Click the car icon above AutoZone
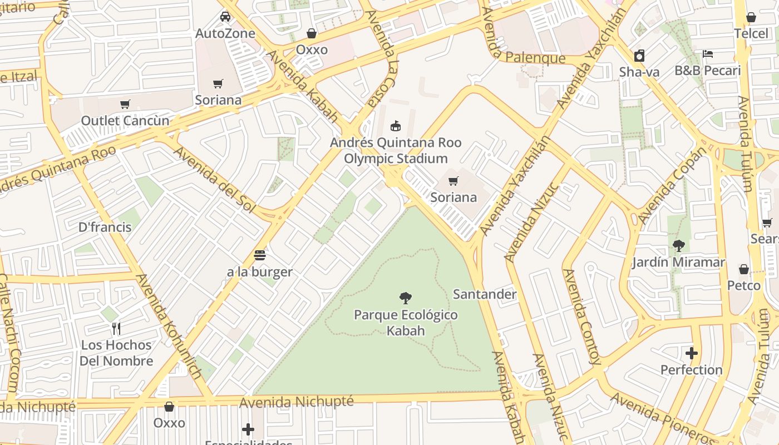click(225, 16)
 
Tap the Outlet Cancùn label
click(125, 121)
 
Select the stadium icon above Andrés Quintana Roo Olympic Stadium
click(396, 126)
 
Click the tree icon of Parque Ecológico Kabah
click(406, 298)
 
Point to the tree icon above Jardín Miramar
click(678, 245)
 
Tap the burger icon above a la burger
click(260, 255)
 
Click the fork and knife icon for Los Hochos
click(116, 328)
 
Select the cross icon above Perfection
click(692, 353)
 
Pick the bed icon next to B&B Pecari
click(708, 54)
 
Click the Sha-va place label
click(639, 72)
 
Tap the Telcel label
click(751, 33)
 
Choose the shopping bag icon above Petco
click(744, 270)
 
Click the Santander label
click(485, 294)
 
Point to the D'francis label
click(105, 227)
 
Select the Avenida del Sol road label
click(214, 179)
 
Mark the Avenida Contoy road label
click(581, 317)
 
